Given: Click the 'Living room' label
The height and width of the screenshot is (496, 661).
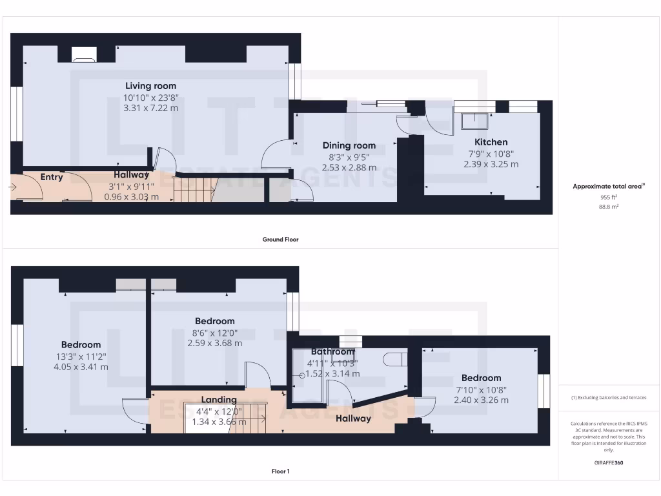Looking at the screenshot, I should (x=150, y=86).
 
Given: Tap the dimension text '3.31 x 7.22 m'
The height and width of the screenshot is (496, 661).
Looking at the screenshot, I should (x=150, y=108).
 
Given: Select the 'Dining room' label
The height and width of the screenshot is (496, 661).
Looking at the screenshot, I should (x=349, y=146).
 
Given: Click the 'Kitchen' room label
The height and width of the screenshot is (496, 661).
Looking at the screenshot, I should (x=491, y=142).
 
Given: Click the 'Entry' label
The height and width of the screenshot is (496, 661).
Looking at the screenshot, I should (x=52, y=177).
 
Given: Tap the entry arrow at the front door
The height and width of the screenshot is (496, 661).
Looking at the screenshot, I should (x=14, y=187).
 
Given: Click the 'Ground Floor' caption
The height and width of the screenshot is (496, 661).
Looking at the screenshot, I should (x=280, y=240).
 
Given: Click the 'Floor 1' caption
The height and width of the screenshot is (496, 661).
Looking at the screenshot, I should (x=280, y=471).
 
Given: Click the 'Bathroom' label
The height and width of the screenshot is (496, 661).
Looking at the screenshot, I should (x=332, y=352).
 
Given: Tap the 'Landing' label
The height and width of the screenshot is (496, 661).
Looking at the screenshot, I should (x=219, y=400).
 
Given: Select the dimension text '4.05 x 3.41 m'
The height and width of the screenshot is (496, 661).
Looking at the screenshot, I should (x=81, y=367).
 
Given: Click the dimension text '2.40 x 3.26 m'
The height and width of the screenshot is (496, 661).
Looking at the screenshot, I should (x=481, y=400).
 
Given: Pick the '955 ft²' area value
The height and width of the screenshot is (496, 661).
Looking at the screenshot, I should (x=609, y=197).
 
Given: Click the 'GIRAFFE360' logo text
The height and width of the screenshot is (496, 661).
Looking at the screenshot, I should (x=609, y=462).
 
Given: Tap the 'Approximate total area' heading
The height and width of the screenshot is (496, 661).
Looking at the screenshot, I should (x=609, y=187).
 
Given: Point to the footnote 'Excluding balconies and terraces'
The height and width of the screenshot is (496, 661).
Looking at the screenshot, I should (x=609, y=397).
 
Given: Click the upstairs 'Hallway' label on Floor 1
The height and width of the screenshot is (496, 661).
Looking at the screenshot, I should (x=353, y=418).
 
